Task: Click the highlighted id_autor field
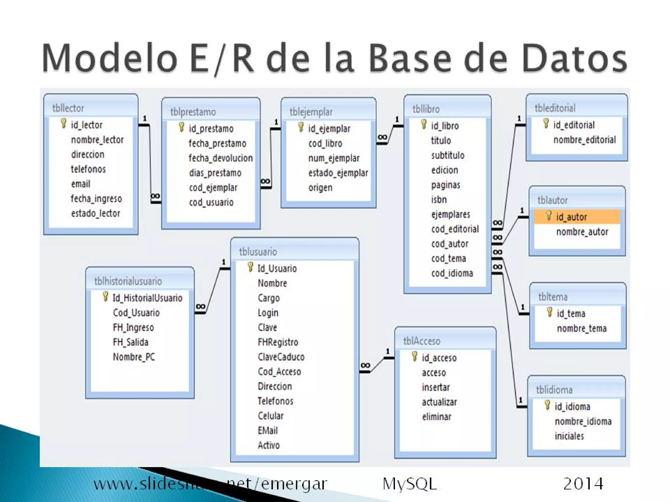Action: [x=571, y=217]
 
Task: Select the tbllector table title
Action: [x=68, y=108]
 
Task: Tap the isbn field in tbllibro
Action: [x=439, y=199]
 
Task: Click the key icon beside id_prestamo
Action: [x=182, y=127]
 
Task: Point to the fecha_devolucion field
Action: [x=220, y=158]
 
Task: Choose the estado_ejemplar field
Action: [x=338, y=173]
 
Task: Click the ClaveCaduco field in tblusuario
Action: [x=281, y=357]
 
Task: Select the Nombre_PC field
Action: [x=134, y=357]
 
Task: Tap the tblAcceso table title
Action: [x=422, y=341]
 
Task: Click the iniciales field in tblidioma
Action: [x=569, y=436]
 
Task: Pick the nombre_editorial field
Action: [x=585, y=140]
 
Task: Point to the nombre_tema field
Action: [x=582, y=328]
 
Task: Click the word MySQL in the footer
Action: [x=410, y=484]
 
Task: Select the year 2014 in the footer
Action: [x=583, y=484]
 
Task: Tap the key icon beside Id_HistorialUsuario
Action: [x=105, y=297]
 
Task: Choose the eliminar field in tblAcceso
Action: [x=436, y=417]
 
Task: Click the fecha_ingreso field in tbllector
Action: [x=96, y=199]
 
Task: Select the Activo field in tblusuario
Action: [x=269, y=445]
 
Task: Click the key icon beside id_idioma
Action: [x=547, y=406]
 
